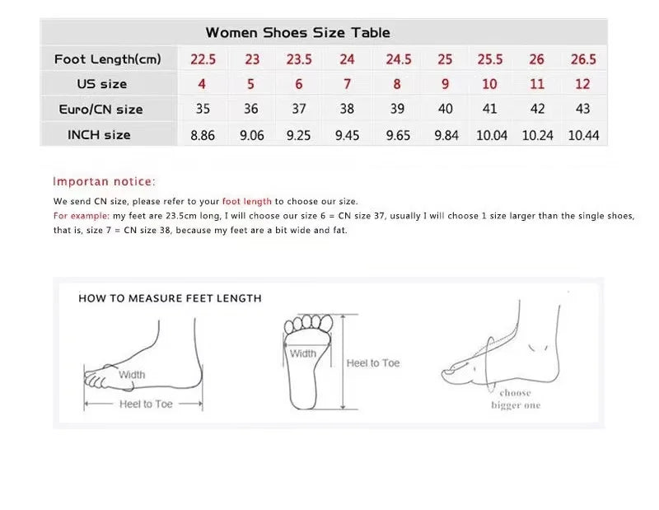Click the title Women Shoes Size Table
(x=298, y=32)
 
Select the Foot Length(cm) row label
(x=108, y=58)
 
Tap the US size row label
(x=101, y=84)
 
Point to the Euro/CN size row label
(x=100, y=110)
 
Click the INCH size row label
(x=99, y=135)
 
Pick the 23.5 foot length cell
(x=299, y=59)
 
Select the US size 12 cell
(x=582, y=84)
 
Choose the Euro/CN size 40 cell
(x=445, y=109)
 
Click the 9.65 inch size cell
(x=398, y=135)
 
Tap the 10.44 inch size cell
(x=583, y=135)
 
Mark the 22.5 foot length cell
(x=203, y=59)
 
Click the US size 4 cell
(x=202, y=84)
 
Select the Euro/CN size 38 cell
(x=347, y=109)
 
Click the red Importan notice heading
(x=104, y=181)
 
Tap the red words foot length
(x=246, y=201)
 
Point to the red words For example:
(x=81, y=216)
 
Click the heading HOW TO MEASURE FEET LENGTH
(x=170, y=298)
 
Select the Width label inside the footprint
(x=302, y=353)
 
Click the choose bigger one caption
(x=516, y=399)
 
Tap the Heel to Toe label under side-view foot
(x=146, y=404)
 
